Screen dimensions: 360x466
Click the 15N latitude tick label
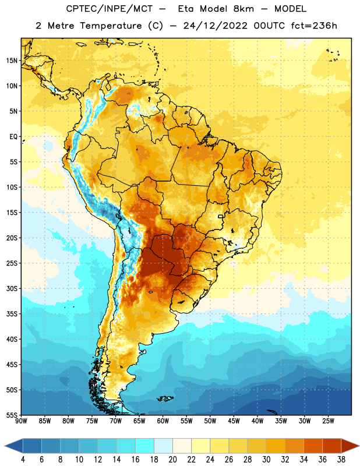coord(12,61)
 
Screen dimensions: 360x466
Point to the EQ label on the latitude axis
coord(13,137)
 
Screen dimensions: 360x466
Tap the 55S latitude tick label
coord(12,415)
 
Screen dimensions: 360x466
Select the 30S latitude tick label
coord(12,288)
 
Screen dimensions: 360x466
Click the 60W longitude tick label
coord(163,421)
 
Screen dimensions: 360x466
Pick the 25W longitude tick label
coord(328,421)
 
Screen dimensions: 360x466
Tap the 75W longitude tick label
coord(92,421)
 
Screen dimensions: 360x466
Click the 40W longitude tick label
coord(257,421)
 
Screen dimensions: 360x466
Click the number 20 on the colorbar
coord(172,460)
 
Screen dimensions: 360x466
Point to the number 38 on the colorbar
coord(341,460)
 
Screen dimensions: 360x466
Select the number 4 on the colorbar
coord(23,460)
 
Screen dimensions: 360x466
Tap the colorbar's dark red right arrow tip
coord(358,446)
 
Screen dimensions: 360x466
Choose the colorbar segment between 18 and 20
coord(164,446)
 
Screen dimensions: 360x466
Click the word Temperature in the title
coord(111,26)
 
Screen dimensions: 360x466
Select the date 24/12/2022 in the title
coord(215,26)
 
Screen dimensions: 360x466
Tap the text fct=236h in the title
coord(314,26)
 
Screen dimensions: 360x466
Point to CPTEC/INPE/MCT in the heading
coord(109,9)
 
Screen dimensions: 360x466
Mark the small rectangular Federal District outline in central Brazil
coord(221,216)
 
